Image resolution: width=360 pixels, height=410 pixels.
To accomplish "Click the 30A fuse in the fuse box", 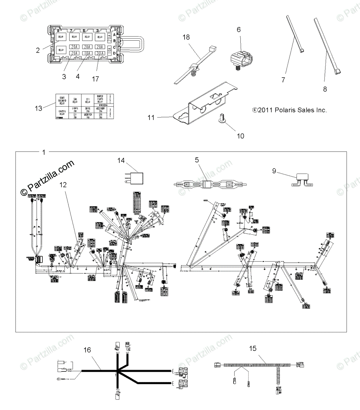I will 99,53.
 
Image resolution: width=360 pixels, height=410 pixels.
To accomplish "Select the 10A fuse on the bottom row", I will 87,53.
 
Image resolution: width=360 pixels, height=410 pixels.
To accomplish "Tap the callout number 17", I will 95,79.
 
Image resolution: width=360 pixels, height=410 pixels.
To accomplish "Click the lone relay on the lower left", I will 61,50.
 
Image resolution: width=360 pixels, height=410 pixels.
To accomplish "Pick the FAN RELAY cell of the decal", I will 75,101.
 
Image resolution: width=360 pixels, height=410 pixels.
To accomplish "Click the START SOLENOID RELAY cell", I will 62,101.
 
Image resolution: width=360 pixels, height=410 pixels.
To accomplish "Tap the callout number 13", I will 39,108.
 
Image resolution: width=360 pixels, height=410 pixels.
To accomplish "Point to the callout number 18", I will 186,37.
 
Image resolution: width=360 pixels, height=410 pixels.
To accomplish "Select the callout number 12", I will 63,184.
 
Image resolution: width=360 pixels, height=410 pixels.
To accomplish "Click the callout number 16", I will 88,350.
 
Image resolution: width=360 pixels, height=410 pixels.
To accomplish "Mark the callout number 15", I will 253,348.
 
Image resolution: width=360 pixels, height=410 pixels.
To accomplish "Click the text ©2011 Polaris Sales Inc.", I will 289,110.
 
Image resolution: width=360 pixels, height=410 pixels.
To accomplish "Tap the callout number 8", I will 325,89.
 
